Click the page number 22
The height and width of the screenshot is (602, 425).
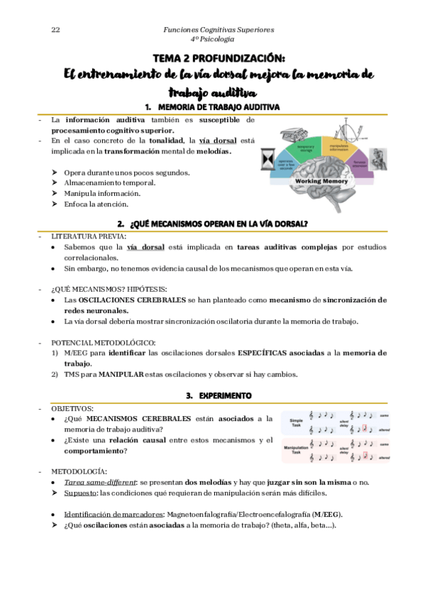click(55, 29)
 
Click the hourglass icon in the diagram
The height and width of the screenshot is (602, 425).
click(267, 155)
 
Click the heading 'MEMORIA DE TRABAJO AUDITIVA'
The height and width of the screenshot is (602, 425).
click(220, 106)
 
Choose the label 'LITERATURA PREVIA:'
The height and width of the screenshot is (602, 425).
click(89, 236)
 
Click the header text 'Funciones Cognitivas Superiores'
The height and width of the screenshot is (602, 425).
click(218, 29)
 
